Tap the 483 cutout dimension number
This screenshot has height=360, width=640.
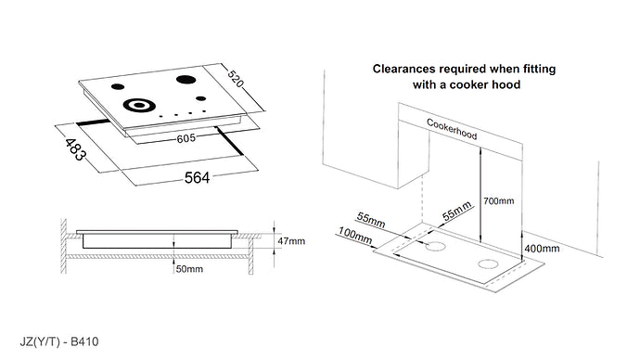77,148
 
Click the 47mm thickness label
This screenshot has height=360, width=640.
292,240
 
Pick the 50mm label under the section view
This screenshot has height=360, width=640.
189,269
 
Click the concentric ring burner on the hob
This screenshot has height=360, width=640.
138,105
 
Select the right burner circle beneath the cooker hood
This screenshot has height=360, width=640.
488,266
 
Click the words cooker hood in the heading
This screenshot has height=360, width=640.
488,84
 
